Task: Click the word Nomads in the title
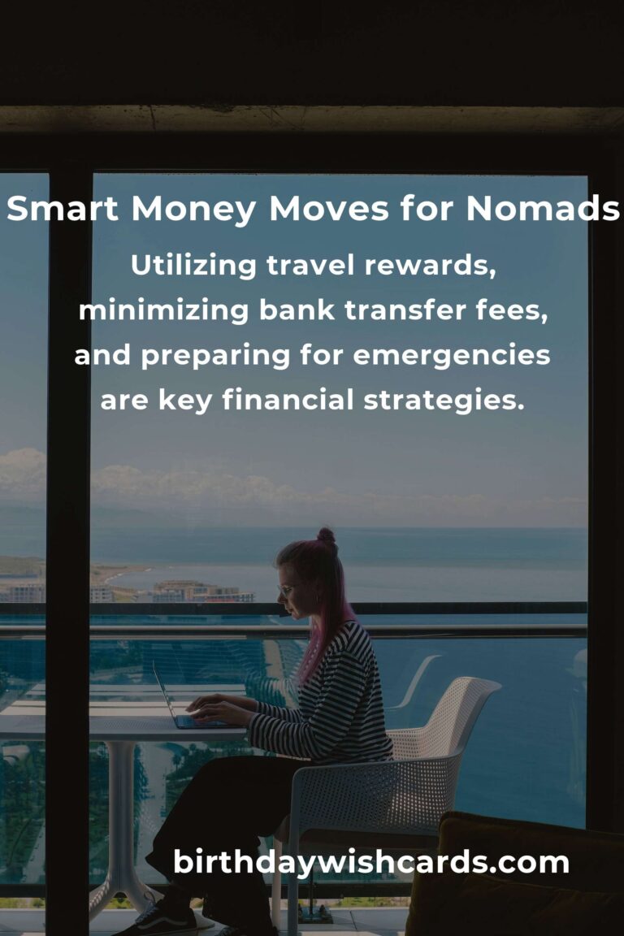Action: point(542,209)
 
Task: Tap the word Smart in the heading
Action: point(62,209)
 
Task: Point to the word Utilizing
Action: point(193,266)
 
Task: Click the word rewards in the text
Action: point(430,266)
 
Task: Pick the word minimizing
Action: point(163,310)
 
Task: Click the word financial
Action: point(288,400)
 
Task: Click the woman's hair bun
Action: point(326,535)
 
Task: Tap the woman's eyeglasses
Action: point(288,591)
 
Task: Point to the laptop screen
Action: point(166,695)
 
